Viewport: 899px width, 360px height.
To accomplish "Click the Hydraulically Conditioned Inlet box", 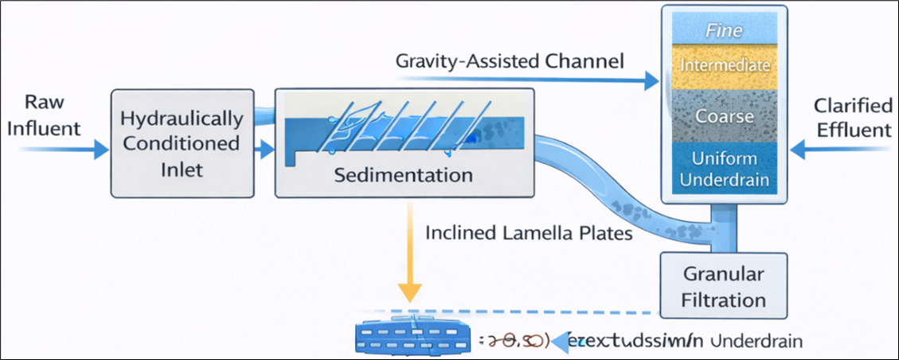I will coord(181,143).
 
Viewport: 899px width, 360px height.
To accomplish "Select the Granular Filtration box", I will coord(724,288).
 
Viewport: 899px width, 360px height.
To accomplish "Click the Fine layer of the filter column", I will coord(724,32).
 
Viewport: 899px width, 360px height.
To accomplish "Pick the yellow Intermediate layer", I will coord(724,65).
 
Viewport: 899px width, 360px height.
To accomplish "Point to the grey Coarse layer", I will coord(724,115).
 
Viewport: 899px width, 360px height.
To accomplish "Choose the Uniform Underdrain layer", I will coord(724,169).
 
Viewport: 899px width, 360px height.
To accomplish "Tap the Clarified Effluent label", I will coord(852,117).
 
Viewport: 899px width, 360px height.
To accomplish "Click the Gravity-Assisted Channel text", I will coord(508,61).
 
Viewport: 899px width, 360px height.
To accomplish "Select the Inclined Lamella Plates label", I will coord(528,233).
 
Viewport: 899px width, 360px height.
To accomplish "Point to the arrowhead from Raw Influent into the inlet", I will coord(100,149).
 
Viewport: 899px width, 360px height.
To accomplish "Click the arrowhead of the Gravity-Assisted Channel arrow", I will coord(653,80).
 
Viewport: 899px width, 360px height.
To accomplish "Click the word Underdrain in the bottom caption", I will coord(759,340).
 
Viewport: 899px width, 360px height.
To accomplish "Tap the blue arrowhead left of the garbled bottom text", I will coord(562,340).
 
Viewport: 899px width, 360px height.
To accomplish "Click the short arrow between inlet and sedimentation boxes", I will coord(262,148).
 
